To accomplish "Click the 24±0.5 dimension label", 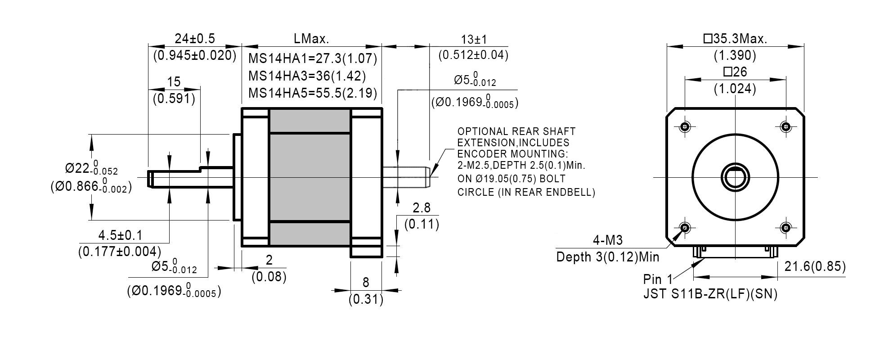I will pyautogui.click(x=194, y=39).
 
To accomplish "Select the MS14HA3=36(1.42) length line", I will pyautogui.click(x=307, y=76).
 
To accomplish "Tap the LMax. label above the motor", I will pyautogui.click(x=311, y=39).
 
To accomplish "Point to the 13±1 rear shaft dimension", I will pyautogui.click(x=474, y=40).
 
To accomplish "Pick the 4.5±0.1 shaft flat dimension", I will pyautogui.click(x=120, y=235).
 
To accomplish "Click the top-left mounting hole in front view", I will pyautogui.click(x=685, y=126).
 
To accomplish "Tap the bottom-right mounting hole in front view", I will pyautogui.click(x=785, y=227).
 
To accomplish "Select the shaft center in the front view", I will pyautogui.click(x=735, y=177).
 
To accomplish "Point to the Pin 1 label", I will pyautogui.click(x=658, y=279).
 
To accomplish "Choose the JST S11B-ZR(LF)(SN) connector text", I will pyautogui.click(x=710, y=294).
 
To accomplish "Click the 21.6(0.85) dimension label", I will pyautogui.click(x=815, y=267).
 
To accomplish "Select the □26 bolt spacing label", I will pyautogui.click(x=735, y=72).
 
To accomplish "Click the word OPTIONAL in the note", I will pyautogui.click(x=482, y=132).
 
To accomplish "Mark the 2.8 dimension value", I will pyautogui.click(x=422, y=208).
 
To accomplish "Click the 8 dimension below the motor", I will pyautogui.click(x=366, y=283).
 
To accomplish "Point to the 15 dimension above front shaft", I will pyautogui.click(x=174, y=82).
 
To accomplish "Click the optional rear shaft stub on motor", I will pyautogui.click(x=406, y=177).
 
